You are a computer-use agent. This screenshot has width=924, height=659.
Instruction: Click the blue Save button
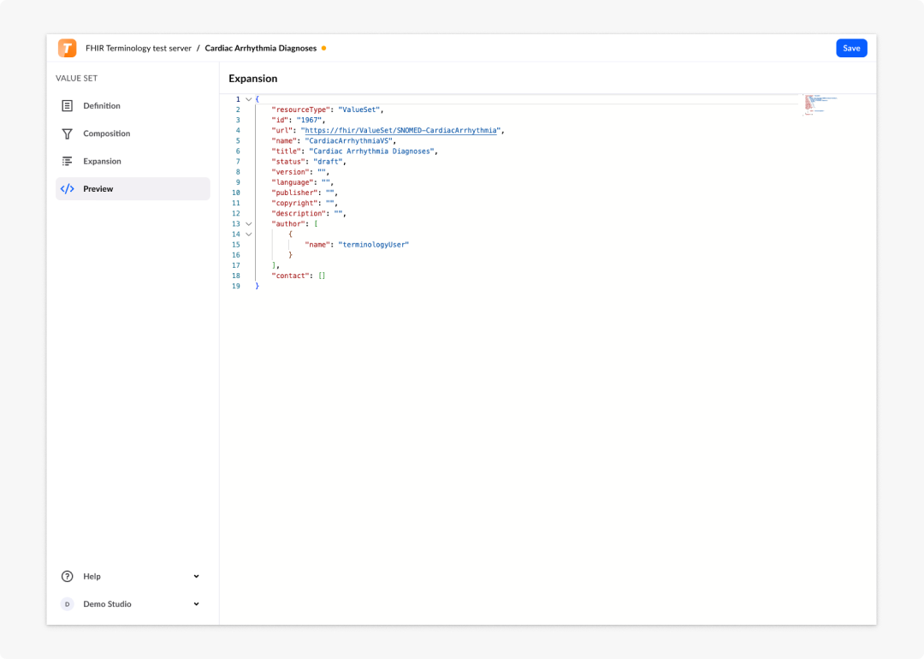point(851,48)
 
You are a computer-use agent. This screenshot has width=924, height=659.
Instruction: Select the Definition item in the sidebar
point(101,106)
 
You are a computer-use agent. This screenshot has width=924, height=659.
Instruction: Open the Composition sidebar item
point(106,134)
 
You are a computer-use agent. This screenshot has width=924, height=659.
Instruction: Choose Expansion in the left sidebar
point(102,162)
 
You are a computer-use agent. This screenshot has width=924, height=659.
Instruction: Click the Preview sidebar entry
point(98,189)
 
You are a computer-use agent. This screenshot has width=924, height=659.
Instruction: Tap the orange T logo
point(68,48)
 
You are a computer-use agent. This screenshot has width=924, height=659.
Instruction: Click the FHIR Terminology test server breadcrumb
point(139,48)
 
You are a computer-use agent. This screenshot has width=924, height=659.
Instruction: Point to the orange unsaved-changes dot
point(323,48)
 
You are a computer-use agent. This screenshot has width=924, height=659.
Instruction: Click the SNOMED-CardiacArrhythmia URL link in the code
point(400,130)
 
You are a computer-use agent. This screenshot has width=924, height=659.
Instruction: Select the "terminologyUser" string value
point(374,245)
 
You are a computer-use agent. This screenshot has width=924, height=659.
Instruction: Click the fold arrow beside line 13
point(249,224)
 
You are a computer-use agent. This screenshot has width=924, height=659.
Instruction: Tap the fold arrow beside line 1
point(249,99)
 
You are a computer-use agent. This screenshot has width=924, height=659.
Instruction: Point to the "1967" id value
point(309,121)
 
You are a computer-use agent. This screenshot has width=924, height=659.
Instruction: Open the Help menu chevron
point(196,577)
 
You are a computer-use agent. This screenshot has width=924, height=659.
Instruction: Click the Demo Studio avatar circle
point(68,604)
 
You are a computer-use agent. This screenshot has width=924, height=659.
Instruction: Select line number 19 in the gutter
point(236,287)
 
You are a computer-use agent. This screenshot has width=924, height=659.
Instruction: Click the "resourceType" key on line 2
point(300,110)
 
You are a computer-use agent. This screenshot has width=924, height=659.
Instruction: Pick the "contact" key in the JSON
point(291,276)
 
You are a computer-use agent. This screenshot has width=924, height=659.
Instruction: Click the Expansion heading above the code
point(252,79)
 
